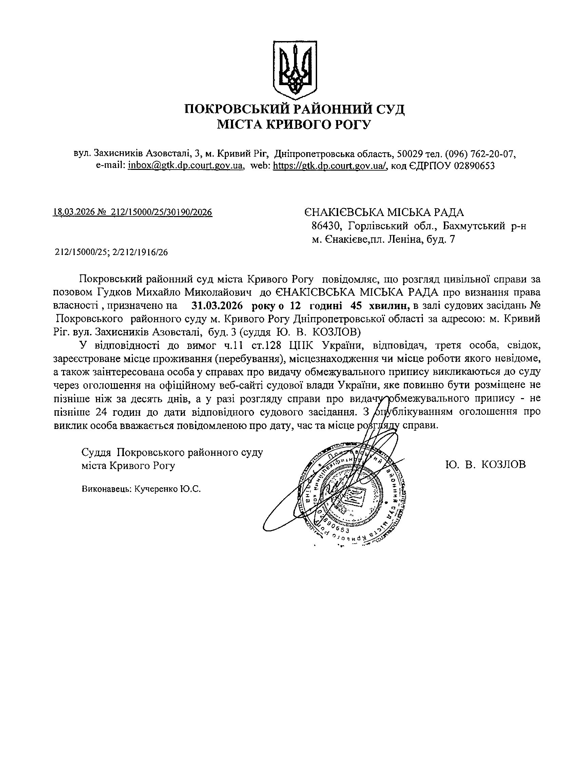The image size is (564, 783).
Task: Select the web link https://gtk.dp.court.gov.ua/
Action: point(330,166)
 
